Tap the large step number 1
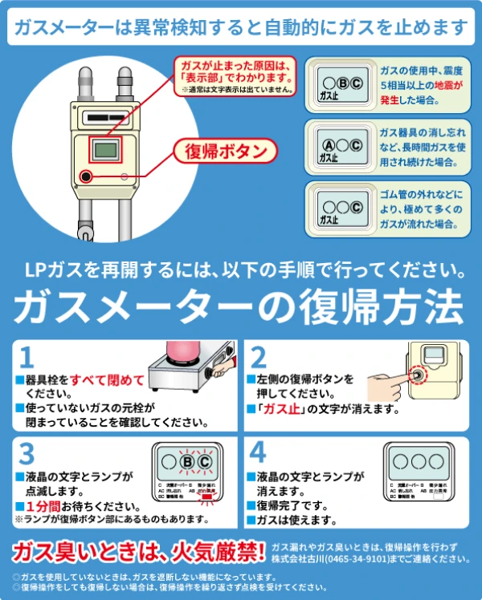click(27, 356)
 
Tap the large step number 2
click(259, 356)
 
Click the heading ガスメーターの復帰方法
click(239, 305)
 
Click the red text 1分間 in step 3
click(47, 506)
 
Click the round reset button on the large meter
click(85, 176)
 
